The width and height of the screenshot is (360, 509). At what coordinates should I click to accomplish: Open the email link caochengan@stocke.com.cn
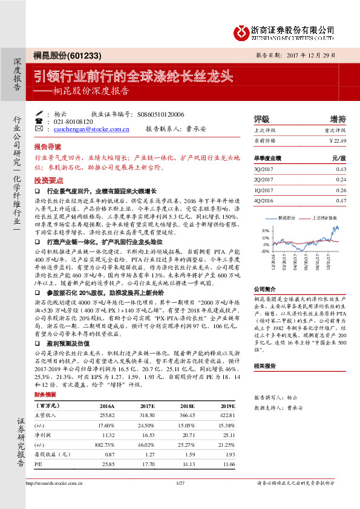(x=91, y=129)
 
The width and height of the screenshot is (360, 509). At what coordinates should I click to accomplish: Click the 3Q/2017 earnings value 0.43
(x=341, y=169)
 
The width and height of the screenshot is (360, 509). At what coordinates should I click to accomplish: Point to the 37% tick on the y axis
(x=265, y=230)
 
